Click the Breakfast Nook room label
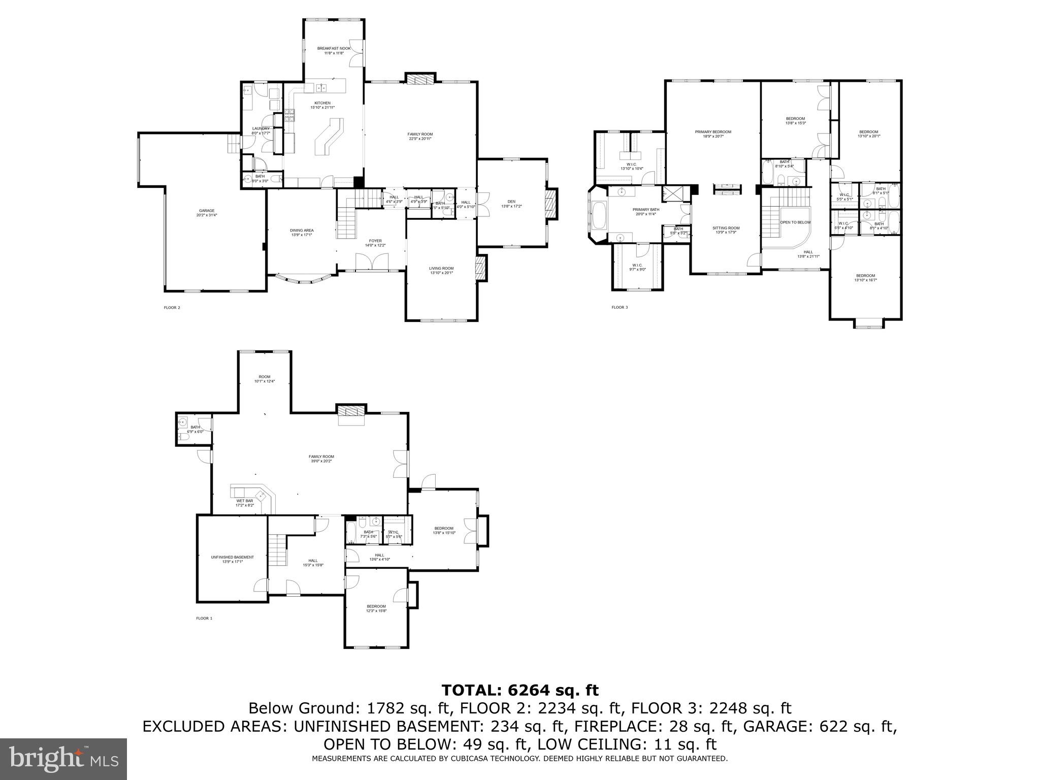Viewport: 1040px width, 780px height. coord(334,48)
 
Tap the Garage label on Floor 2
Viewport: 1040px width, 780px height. coord(207,211)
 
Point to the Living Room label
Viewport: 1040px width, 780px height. coord(441,268)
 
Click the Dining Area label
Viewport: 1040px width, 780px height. coord(302,230)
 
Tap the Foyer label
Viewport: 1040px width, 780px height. coord(375,241)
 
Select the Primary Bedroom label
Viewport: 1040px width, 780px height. coord(713,132)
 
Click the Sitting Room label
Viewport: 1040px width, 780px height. coord(726,228)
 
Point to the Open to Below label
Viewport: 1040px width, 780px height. coord(795,222)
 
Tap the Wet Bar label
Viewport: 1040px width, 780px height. coord(244,501)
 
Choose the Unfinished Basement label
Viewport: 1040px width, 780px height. coord(232,557)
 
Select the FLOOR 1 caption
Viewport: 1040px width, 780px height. coord(204,619)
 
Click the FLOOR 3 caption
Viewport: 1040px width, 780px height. coord(620,307)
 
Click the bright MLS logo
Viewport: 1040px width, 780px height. coord(63,759)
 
